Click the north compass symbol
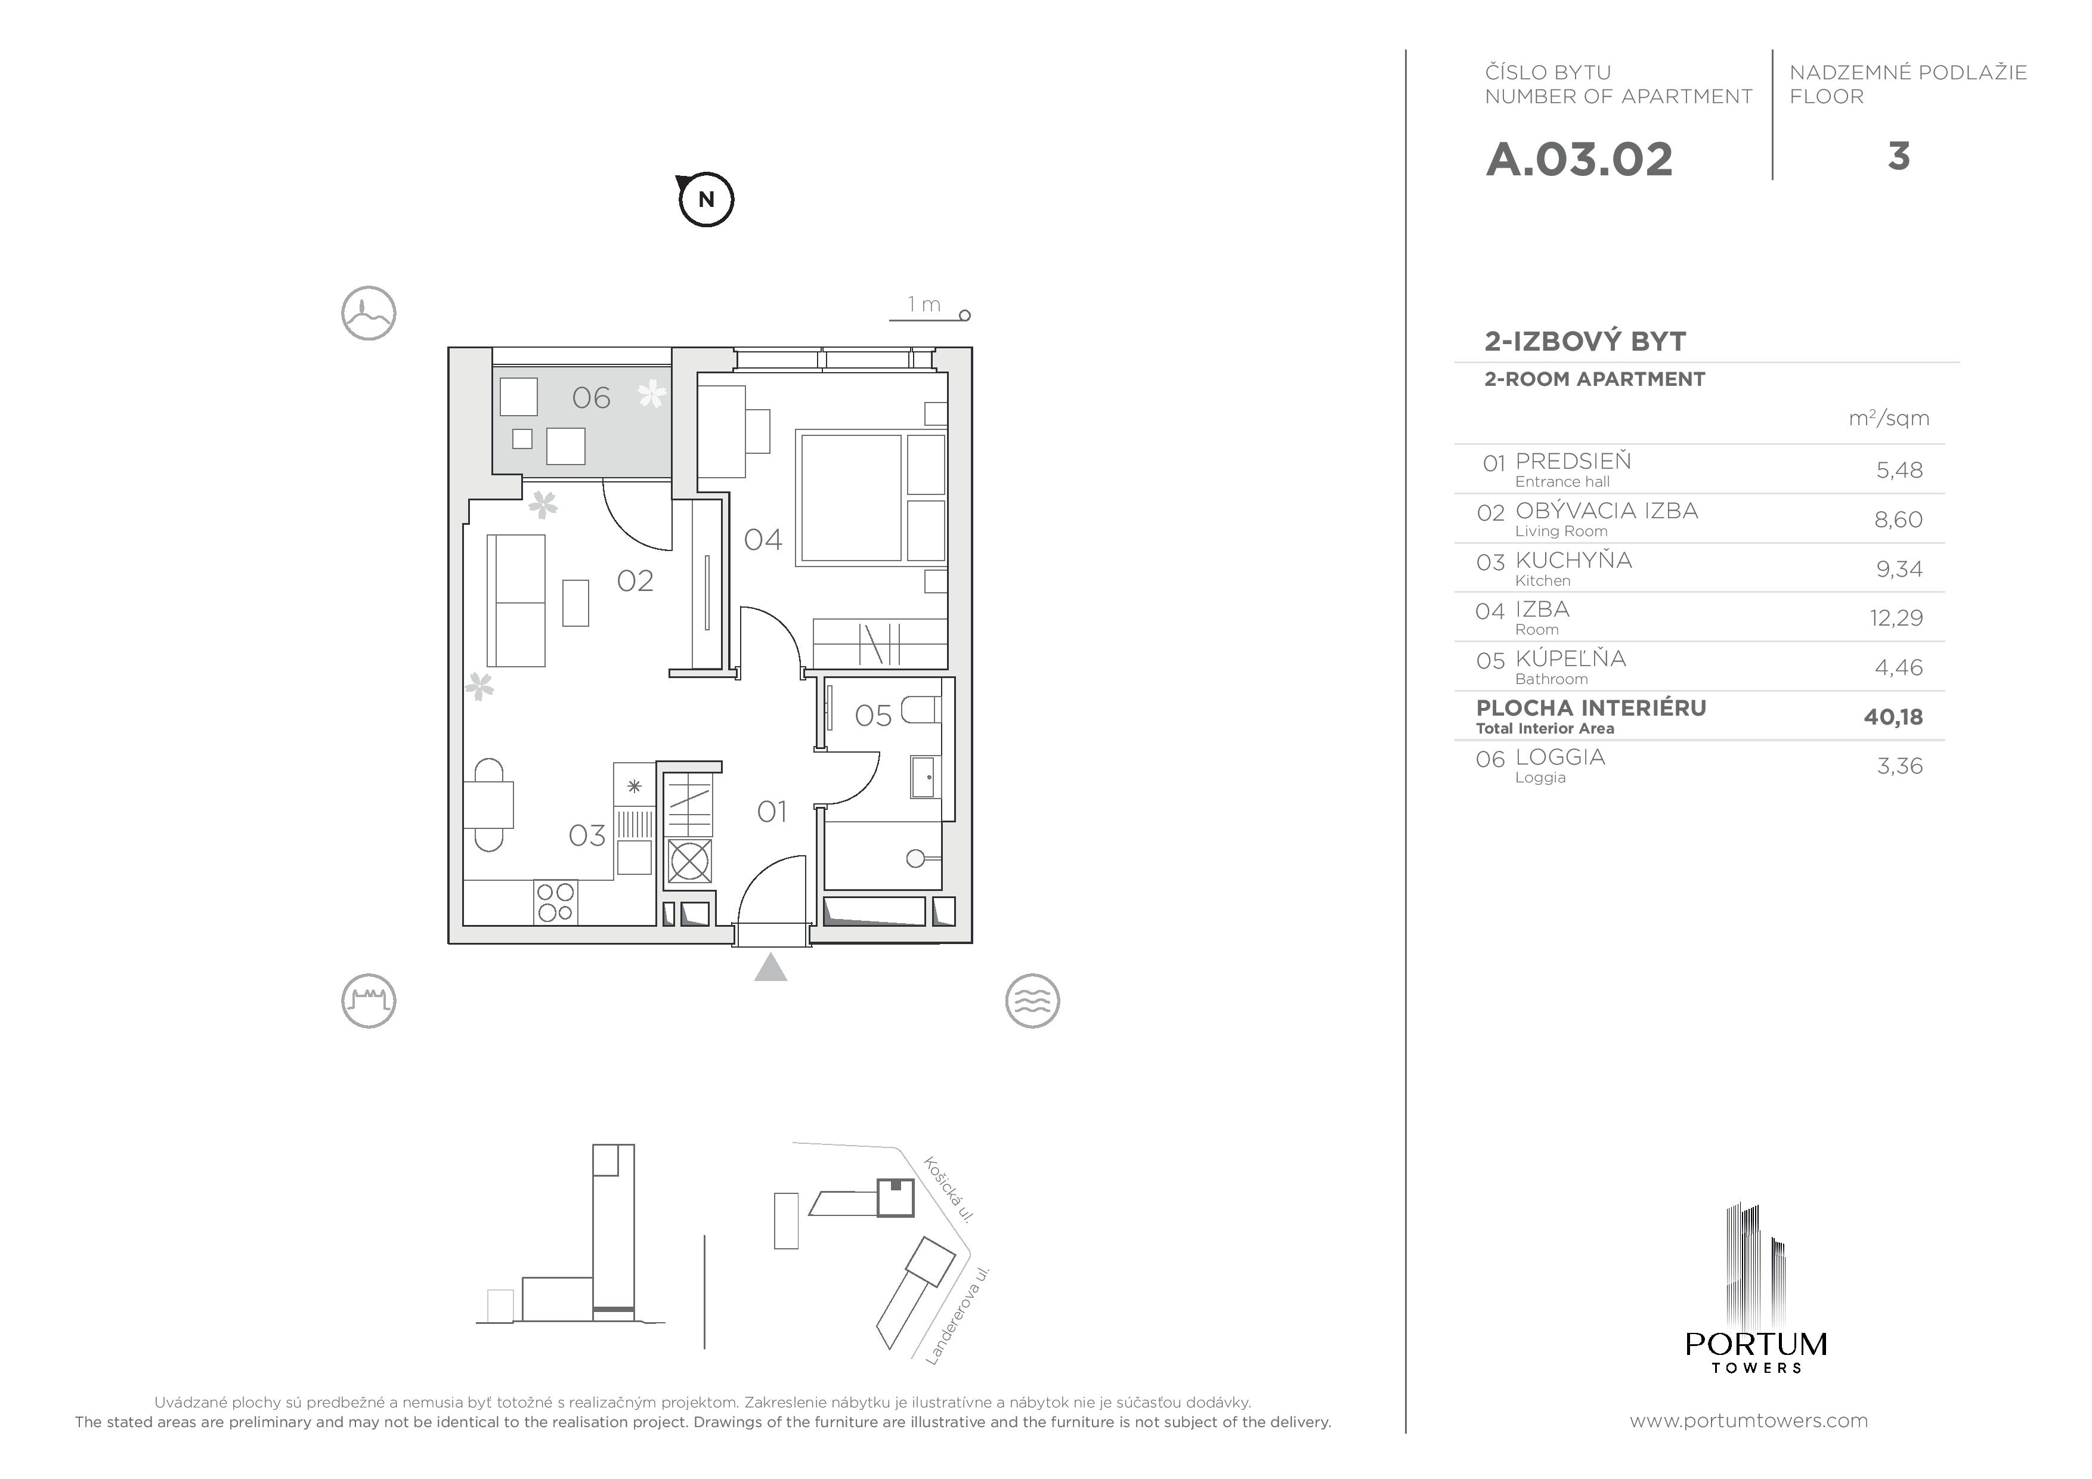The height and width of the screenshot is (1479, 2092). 706,199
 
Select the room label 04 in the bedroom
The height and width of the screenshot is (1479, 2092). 763,540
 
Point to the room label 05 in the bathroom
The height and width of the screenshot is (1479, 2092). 873,716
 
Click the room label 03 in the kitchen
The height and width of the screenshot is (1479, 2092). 587,835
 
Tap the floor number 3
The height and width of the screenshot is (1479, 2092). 1898,157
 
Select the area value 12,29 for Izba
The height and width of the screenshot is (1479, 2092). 1896,618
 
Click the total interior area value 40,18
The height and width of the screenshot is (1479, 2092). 1893,717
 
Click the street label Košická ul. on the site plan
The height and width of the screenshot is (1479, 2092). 949,1189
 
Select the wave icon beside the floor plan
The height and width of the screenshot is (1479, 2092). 1032,1001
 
